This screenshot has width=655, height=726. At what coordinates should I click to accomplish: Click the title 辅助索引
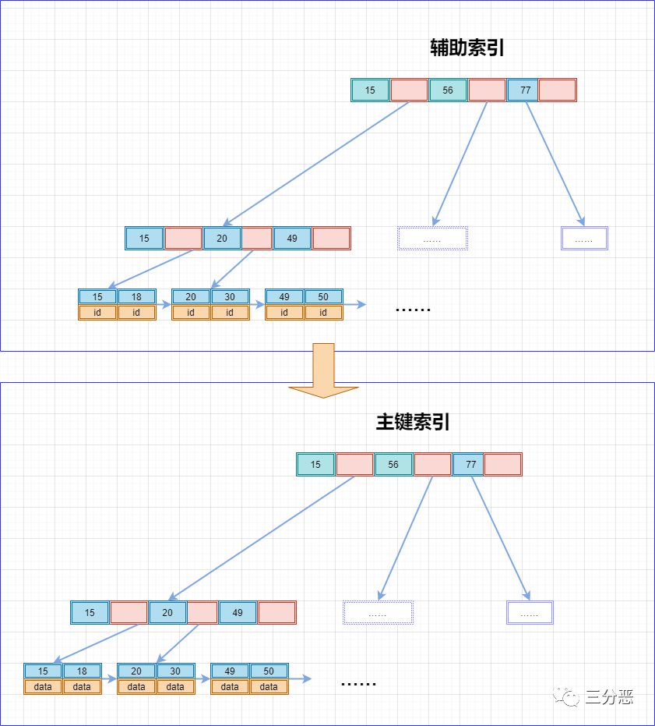(x=467, y=48)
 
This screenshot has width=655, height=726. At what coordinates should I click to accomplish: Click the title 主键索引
(x=413, y=423)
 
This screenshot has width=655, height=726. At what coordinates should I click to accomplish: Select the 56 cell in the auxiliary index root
(x=448, y=90)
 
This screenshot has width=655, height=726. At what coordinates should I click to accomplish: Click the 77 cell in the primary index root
(x=471, y=465)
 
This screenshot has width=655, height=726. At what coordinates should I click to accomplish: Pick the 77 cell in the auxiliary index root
(x=526, y=90)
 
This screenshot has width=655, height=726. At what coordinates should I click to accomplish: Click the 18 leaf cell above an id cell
(x=136, y=297)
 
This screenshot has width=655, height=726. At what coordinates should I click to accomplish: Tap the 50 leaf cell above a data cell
(x=269, y=671)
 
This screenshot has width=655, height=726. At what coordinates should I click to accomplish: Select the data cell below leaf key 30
(x=175, y=687)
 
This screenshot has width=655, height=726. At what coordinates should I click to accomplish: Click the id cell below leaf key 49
(x=284, y=313)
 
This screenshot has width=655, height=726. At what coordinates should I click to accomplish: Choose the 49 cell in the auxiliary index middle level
(x=292, y=239)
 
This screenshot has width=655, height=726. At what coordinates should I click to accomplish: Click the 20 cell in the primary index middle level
(x=167, y=613)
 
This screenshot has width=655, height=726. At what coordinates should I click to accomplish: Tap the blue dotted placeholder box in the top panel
(x=432, y=239)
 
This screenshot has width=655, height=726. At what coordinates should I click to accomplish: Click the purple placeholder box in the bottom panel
(x=530, y=613)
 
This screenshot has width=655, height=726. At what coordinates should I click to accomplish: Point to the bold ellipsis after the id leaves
(x=413, y=309)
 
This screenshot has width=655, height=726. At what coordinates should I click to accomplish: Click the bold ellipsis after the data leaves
(x=358, y=683)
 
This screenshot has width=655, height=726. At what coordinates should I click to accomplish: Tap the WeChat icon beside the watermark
(x=566, y=696)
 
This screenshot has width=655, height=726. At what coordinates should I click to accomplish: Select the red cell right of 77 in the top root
(x=557, y=90)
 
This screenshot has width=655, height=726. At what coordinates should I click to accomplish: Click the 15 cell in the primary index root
(x=315, y=465)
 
